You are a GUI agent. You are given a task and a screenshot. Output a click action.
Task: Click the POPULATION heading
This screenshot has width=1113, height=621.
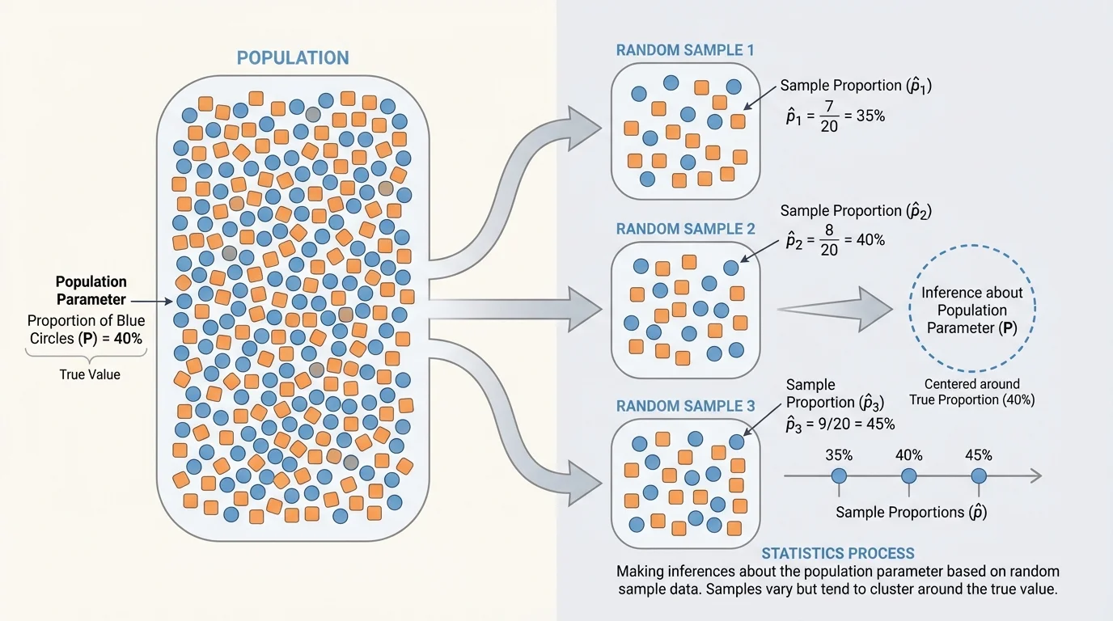tap(293, 58)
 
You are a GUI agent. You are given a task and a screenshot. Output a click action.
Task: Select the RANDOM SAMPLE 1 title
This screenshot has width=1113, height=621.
tap(685, 50)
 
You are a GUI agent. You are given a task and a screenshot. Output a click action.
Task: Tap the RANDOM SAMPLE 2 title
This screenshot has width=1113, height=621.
tap(685, 229)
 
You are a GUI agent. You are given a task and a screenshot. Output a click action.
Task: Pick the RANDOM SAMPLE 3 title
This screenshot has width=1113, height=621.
tap(685, 406)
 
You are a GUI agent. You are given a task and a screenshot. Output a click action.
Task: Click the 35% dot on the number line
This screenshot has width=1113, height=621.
tap(839, 476)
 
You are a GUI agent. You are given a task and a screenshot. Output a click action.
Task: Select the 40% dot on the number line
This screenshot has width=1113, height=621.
tap(909, 476)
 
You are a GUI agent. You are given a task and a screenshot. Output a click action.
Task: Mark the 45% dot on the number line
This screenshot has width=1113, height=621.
tap(979, 476)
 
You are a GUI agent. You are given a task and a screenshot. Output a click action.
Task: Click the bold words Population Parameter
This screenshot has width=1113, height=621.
tap(91, 290)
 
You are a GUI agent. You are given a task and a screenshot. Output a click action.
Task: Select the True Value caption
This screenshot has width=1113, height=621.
tap(89, 374)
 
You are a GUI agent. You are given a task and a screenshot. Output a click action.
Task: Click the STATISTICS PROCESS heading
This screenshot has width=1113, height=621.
tap(838, 554)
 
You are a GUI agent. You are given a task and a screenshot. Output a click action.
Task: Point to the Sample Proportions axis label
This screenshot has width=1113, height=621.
tap(911, 512)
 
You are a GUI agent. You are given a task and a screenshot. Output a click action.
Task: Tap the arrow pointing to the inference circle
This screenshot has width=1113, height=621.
tap(841, 309)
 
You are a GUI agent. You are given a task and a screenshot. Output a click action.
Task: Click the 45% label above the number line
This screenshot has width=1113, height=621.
tap(978, 455)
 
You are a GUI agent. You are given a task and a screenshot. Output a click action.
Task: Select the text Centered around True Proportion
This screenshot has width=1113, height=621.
tap(971, 391)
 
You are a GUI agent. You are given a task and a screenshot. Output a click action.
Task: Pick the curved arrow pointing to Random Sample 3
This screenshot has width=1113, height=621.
tap(518, 420)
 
